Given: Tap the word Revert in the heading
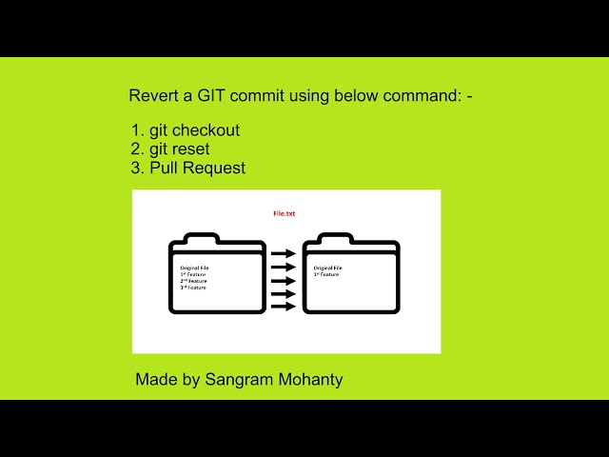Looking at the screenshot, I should coord(153,97).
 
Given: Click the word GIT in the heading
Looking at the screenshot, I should coord(214,97).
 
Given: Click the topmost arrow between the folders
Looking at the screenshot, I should coord(283,254).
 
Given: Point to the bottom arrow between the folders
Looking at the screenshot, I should coord(283,306).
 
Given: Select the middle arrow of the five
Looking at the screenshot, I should coord(283,280).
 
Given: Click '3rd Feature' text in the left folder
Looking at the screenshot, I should coord(193,288).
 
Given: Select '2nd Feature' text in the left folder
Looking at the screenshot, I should coord(193,281).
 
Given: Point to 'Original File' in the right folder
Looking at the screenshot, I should coord(328,268).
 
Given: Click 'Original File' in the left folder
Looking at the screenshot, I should coord(194,268).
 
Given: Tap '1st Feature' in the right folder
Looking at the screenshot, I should coord(326,274).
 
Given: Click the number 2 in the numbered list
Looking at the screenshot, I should coord(136,149).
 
